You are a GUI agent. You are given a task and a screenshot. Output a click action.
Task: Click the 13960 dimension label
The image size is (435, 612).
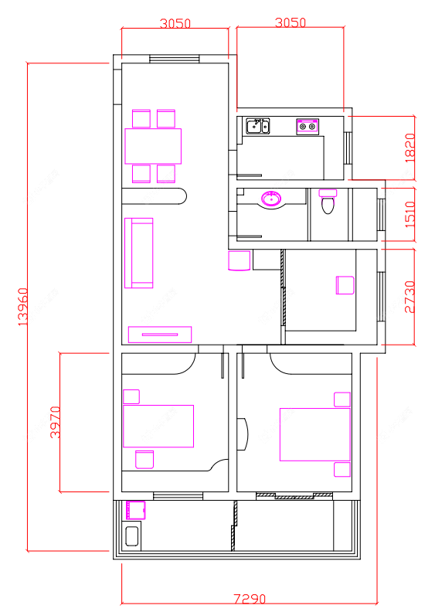coord(23,307)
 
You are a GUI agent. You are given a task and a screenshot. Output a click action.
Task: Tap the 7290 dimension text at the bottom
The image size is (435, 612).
coord(250,599)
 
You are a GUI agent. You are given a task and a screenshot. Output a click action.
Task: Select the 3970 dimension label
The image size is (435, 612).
coord(55,423)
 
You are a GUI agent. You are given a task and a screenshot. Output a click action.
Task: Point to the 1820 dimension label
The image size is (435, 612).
coord(410,148)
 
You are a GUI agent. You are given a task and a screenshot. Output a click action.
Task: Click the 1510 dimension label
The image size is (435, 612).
coord(410,215)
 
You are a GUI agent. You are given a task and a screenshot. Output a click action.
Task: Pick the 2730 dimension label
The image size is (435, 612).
coord(410,297)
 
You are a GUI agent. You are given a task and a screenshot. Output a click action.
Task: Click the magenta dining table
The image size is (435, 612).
coord(153,146)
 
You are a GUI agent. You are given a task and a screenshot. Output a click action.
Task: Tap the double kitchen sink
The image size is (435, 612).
coord(257,126)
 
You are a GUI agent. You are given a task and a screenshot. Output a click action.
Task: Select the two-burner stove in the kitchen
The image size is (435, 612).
coord(308,127)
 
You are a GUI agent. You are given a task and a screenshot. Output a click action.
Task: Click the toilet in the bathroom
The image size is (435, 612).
coord(328,202)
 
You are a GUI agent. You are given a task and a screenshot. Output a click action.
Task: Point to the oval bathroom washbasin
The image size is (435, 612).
coord(271,199)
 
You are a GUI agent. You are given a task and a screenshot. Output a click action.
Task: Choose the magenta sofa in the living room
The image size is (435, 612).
coord(139,253)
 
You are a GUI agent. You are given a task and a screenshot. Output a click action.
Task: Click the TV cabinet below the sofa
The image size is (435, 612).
coord(160,335)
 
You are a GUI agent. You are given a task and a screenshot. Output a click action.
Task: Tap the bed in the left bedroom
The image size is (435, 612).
coord(158,427)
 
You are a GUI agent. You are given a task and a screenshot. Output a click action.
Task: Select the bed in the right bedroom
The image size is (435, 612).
coord(314,434)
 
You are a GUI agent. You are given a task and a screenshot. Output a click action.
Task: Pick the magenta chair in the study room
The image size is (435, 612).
coord(345,285)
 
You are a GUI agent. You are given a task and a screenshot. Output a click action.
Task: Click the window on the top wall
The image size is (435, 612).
coord(175,59)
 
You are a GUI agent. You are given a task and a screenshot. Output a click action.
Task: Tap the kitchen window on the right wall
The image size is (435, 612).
coord(348,148)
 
